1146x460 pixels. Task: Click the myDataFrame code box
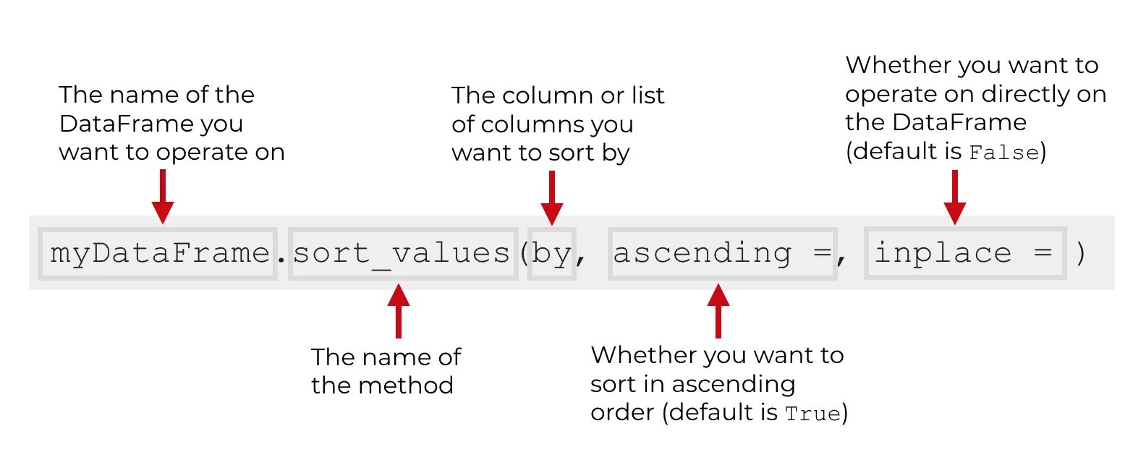[159, 253]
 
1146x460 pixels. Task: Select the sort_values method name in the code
[402, 253]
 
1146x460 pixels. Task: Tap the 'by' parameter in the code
[551, 254]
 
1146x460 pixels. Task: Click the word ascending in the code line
[703, 253]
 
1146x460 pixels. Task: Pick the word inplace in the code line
[943, 253]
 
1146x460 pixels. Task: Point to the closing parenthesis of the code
[1080, 253]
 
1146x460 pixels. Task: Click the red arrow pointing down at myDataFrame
[163, 197]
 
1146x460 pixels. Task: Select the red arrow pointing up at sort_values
[399, 311]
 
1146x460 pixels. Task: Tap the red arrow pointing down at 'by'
[552, 198]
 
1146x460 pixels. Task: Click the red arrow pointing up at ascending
[718, 311]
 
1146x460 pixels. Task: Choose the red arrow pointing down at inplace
[955, 197]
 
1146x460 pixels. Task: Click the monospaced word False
[1003, 153]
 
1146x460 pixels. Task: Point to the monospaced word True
[813, 414]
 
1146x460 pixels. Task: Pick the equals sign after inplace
[1043, 253]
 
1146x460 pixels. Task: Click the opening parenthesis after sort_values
[524, 253]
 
